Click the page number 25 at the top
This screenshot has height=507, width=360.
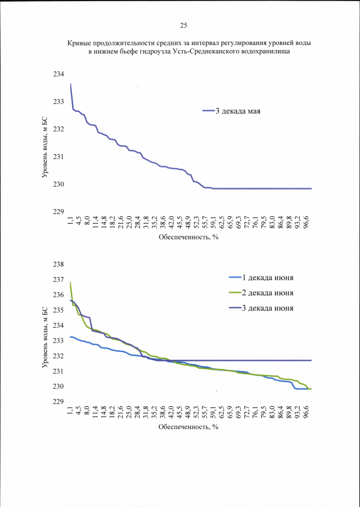(183, 25)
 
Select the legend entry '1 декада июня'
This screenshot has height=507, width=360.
(268, 277)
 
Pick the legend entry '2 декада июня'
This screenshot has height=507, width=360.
(268, 292)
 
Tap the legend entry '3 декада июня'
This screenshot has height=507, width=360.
(268, 307)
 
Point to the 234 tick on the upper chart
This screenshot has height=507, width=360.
(59, 74)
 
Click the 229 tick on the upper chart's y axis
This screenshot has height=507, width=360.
(59, 211)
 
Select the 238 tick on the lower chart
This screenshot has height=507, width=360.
(59, 264)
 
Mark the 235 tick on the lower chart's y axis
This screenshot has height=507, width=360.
(59, 310)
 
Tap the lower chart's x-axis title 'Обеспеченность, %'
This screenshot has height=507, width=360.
(188, 427)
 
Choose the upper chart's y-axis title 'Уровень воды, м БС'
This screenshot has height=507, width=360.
(46, 143)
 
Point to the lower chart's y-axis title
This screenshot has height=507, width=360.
(46, 333)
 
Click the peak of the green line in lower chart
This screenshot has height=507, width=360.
(70, 282)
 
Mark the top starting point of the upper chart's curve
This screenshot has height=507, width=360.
(70, 84)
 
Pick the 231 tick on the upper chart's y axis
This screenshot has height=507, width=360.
(59, 156)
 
